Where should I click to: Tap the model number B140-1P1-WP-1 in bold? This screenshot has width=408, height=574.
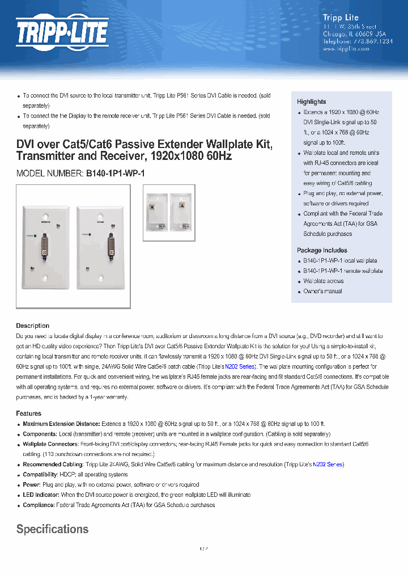[116, 174]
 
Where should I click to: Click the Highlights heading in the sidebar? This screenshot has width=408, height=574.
[311, 102]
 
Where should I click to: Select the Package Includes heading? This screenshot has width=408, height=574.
[322, 250]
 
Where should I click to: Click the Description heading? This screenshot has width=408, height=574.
[32, 326]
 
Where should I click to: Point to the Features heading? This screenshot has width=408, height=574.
[28, 413]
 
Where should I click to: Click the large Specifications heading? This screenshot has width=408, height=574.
[52, 529]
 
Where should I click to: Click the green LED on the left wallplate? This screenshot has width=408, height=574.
[35, 234]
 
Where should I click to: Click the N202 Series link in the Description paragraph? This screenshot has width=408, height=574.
[240, 367]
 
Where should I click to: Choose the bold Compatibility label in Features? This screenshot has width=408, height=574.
[40, 475]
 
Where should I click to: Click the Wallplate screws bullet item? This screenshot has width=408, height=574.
[323, 281]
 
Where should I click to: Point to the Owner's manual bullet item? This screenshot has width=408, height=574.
[322, 291]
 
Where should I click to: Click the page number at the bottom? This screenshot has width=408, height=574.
[204, 549]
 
